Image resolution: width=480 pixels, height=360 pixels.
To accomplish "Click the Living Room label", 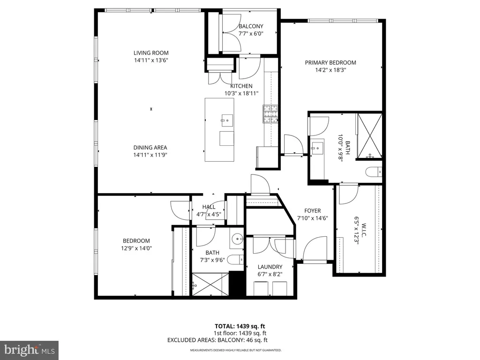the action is [x=151, y=53].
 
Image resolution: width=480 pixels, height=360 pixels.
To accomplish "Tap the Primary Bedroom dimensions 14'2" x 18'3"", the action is [x=330, y=70].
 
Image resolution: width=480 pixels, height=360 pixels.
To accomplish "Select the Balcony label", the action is [x=251, y=26].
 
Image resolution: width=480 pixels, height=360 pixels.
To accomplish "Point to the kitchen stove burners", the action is [x=270, y=114].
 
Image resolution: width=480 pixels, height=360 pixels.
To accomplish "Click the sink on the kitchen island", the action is [x=227, y=119].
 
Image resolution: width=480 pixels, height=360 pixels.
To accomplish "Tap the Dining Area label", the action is [x=150, y=148].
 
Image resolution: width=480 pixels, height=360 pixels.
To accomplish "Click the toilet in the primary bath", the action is [x=374, y=172].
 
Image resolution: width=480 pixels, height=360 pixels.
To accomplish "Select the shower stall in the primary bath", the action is [x=369, y=136].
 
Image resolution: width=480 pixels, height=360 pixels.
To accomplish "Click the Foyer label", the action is [x=313, y=210].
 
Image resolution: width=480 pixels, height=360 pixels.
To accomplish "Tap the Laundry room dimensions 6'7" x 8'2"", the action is [x=270, y=274].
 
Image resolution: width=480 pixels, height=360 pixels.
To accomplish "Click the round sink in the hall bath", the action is [x=237, y=239].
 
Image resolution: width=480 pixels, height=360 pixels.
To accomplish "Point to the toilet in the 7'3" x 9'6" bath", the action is [x=236, y=260].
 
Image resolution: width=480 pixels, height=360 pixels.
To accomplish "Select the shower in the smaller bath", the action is [x=210, y=285].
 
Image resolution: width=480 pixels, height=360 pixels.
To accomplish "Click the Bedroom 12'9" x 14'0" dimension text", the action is [x=136, y=248].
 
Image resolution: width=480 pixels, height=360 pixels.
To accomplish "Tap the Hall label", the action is [x=209, y=207].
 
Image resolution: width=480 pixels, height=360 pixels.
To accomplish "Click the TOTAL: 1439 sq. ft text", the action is [x=240, y=326].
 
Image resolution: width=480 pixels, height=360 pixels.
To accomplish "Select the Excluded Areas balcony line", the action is [x=217, y=340].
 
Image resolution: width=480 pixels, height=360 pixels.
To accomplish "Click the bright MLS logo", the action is [x=30, y=350].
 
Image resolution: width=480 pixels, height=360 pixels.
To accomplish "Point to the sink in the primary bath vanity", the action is [x=317, y=149].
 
